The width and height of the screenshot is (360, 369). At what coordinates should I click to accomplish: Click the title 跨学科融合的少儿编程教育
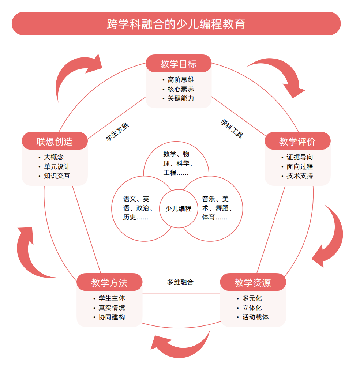(176, 24)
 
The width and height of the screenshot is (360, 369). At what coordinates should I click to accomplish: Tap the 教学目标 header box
(179, 64)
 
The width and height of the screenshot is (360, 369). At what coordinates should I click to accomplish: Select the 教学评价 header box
(297, 141)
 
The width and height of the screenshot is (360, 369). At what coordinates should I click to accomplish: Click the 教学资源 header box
(253, 282)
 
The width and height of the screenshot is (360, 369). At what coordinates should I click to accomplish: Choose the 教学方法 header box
(109, 282)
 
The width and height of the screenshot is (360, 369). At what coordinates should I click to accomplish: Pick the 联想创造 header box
(55, 141)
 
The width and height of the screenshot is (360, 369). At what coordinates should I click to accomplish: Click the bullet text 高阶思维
(181, 80)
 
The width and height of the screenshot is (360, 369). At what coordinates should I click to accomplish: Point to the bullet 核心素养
(181, 89)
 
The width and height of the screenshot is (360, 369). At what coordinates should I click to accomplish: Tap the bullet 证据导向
(299, 157)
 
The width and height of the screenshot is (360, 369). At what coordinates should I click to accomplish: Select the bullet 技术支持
(299, 176)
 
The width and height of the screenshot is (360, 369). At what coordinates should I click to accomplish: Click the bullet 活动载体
(255, 317)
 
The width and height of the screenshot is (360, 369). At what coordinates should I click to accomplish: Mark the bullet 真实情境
(112, 308)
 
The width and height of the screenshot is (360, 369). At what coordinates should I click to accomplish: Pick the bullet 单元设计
(57, 167)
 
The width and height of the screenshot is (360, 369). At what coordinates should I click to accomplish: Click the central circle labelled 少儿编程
(178, 209)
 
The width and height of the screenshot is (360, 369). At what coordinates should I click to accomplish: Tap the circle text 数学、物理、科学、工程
(176, 163)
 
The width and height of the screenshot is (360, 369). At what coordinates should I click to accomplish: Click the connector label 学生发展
(117, 132)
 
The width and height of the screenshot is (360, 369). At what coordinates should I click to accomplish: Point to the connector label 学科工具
(232, 128)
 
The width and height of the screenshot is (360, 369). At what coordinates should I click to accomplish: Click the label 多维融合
(180, 282)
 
